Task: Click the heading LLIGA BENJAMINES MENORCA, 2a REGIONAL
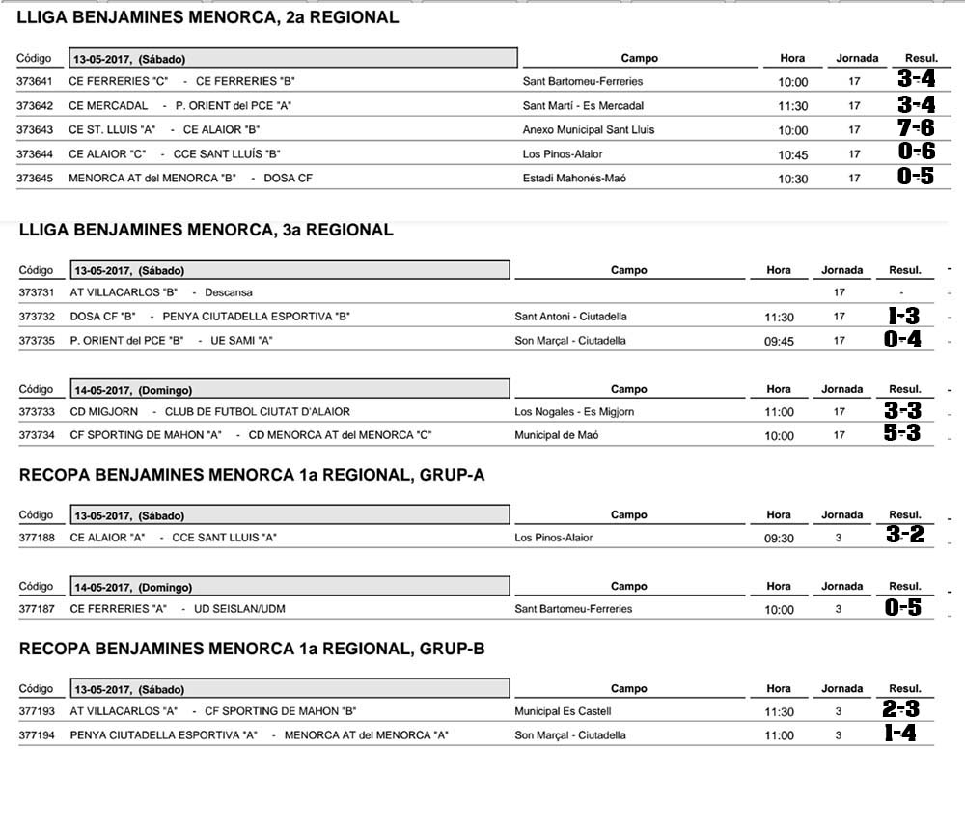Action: click(x=207, y=17)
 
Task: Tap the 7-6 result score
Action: click(x=916, y=128)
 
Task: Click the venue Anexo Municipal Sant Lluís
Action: click(x=590, y=130)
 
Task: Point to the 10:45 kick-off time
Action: click(x=793, y=154)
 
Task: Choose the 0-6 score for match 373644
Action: click(x=916, y=152)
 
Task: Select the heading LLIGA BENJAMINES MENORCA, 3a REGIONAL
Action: click(x=207, y=230)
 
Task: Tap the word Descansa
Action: click(x=229, y=292)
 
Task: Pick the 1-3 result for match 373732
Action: click(x=903, y=316)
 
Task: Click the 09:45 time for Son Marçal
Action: click(x=779, y=341)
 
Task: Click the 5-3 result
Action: click(x=902, y=434)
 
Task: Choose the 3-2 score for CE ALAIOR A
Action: click(x=905, y=535)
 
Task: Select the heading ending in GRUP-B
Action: click(x=252, y=650)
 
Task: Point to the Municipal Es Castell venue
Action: click(x=563, y=711)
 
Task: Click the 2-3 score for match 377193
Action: click(x=901, y=709)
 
